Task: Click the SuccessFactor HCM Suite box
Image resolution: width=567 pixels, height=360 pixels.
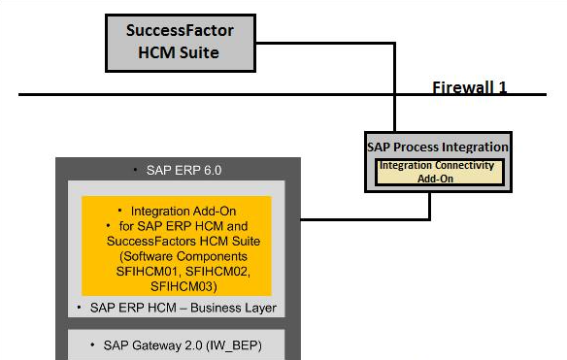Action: point(180,42)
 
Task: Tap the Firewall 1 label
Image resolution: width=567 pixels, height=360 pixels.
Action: point(470,87)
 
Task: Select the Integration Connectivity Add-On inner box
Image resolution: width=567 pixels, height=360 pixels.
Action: point(437,172)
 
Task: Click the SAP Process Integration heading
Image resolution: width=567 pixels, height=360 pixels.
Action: point(437,147)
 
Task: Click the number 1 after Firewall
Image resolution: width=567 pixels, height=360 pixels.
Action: point(503,87)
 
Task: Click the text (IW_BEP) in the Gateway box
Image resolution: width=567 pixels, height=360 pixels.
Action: point(232,344)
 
